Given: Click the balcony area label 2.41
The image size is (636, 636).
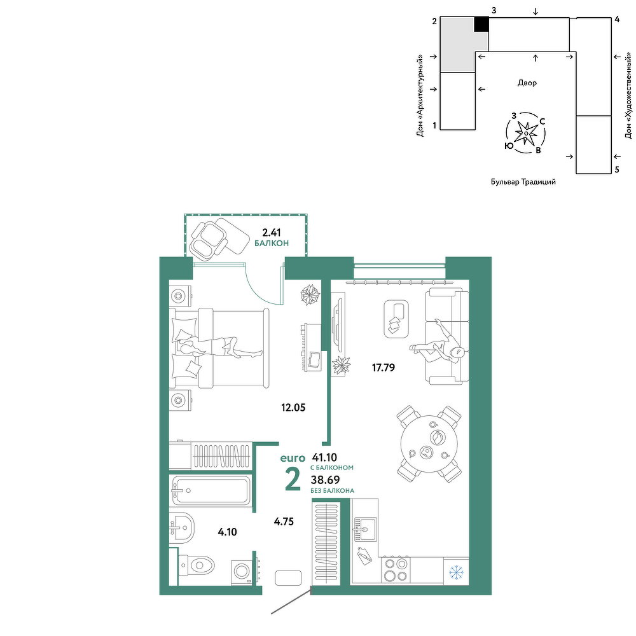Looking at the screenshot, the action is pyautogui.click(x=272, y=232).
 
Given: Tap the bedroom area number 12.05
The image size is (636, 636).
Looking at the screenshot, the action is pyautogui.click(x=293, y=407).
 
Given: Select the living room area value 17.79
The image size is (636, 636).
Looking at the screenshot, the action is pyautogui.click(x=384, y=368).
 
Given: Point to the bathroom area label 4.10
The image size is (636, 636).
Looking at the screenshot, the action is pyautogui.click(x=227, y=532).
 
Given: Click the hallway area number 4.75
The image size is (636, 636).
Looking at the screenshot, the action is pyautogui.click(x=284, y=522).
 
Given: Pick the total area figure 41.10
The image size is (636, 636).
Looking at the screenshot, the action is pyautogui.click(x=324, y=457).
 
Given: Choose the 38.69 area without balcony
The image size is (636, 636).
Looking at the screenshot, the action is pyautogui.click(x=325, y=480).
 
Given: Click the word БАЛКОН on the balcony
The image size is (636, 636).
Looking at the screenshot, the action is pyautogui.click(x=272, y=244).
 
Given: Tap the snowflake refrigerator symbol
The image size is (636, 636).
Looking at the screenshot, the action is pyautogui.click(x=456, y=572).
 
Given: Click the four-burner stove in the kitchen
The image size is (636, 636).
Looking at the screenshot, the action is pyautogui.click(x=396, y=569).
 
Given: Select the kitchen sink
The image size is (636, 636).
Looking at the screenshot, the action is pyautogui.click(x=365, y=529).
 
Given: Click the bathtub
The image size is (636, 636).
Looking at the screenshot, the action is pyautogui.click(x=211, y=490).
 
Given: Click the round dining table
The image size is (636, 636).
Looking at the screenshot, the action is pyautogui.click(x=429, y=444).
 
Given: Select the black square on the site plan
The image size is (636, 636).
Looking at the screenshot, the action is pyautogui.click(x=481, y=24).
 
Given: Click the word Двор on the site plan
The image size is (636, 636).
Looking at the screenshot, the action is pyautogui.click(x=527, y=83).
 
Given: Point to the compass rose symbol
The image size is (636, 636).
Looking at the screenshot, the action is pyautogui.click(x=526, y=133).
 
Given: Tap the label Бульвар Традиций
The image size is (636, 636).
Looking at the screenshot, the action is pyautogui.click(x=523, y=182).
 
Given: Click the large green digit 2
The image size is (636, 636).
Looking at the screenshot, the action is pyautogui.click(x=293, y=479).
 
